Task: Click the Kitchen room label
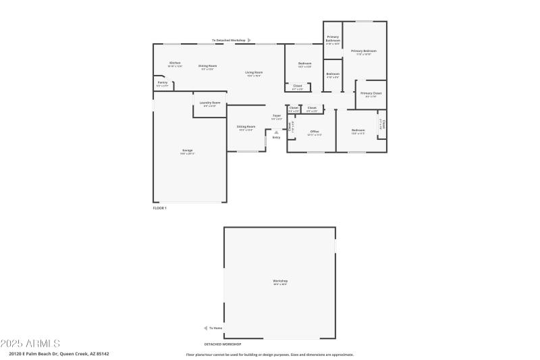[174, 63]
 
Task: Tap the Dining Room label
[207, 66]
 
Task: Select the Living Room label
[254, 72]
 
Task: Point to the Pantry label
[162, 82]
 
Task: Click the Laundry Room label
[209, 103]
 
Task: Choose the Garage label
[187, 151]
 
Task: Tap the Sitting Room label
[246, 127]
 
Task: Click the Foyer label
[277, 116]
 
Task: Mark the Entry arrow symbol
[276, 132]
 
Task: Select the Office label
[314, 131]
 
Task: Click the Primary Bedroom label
[363, 51]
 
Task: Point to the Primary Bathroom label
[333, 39]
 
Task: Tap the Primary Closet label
[371, 93]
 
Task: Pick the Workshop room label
[280, 281]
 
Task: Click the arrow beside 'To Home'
[206, 328]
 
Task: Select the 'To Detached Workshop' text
[229, 41]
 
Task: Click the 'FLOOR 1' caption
[159, 208]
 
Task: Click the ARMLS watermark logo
[30, 343]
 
